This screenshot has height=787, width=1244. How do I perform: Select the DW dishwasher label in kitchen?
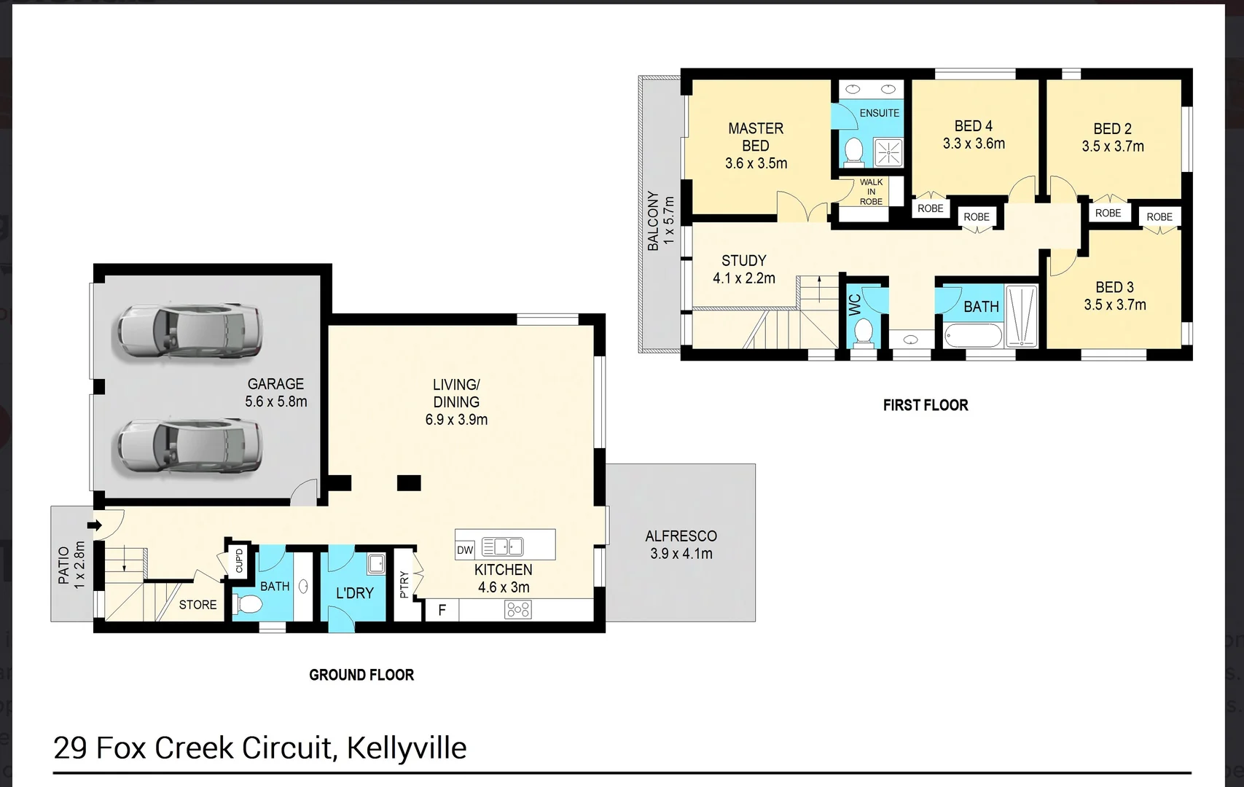pos(465,550)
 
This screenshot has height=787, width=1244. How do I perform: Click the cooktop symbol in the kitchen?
pos(518,609)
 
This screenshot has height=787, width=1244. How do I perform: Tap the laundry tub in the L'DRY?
pos(376,564)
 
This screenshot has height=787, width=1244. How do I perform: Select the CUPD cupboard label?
pos(239,560)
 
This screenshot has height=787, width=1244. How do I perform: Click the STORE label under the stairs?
pos(197,605)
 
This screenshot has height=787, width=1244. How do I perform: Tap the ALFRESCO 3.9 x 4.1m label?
pos(681,544)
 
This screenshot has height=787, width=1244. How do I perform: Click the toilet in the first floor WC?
pos(864,332)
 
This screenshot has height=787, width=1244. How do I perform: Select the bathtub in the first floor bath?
pos(973,336)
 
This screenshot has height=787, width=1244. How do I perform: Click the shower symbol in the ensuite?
pos(888,153)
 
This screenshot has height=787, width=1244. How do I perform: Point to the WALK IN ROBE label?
pos(871,192)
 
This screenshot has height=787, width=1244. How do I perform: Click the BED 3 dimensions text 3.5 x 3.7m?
pos(1114,305)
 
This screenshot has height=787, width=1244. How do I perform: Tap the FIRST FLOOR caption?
pos(926,405)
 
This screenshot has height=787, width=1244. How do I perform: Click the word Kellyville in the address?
pos(406,748)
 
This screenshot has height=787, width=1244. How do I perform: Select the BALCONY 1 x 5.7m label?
pos(660,221)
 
